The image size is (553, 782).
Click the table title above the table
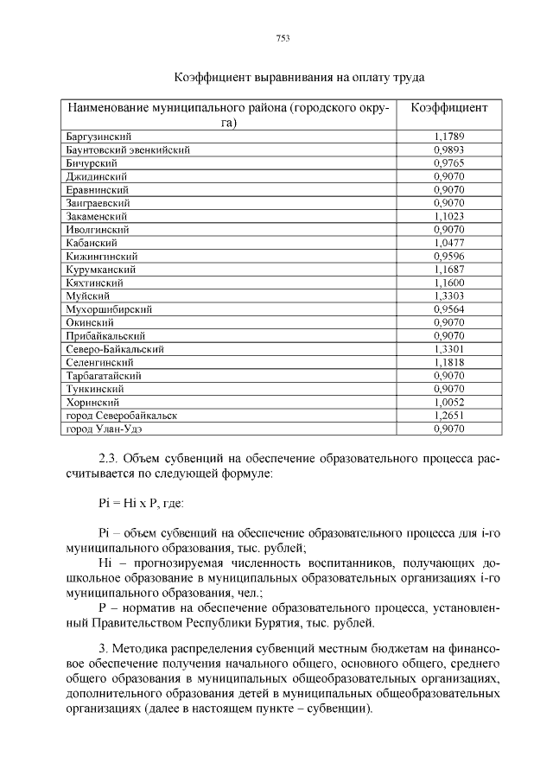click(x=298, y=78)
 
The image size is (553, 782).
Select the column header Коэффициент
click(x=448, y=109)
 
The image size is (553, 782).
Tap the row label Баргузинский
click(x=99, y=137)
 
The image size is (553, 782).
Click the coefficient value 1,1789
click(x=448, y=137)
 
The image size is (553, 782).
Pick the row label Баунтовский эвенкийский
click(x=128, y=149)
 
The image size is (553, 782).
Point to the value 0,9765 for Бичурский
click(x=448, y=162)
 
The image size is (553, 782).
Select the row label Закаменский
click(x=97, y=216)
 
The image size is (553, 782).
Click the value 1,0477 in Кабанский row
click(x=448, y=243)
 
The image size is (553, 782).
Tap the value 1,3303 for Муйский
click(x=448, y=296)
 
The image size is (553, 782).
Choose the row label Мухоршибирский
click(x=110, y=308)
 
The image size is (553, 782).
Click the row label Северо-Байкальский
click(x=115, y=349)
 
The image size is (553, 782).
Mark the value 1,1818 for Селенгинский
click(x=448, y=362)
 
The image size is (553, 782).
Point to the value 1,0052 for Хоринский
click(x=448, y=402)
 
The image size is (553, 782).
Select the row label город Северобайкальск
click(x=122, y=416)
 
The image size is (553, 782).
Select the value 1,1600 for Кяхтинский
click(x=448, y=283)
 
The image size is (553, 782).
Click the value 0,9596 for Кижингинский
click(x=448, y=256)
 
